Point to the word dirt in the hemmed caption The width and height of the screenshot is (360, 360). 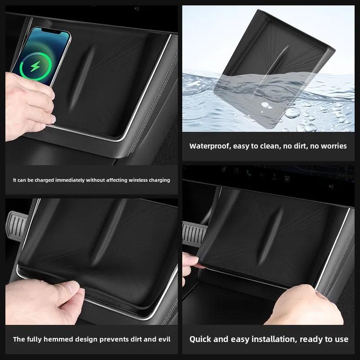(x=130, y=339)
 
